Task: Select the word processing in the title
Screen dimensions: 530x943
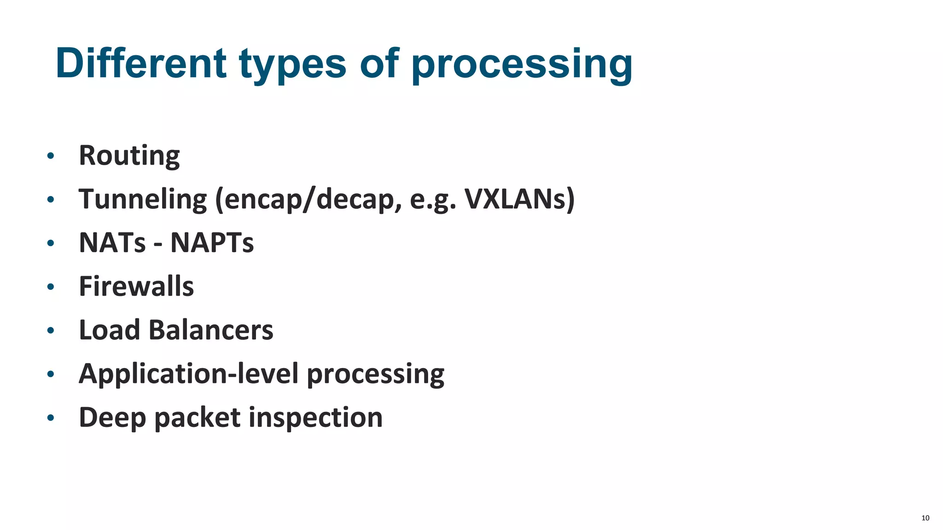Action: pos(522,64)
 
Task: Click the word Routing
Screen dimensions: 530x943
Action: pos(129,156)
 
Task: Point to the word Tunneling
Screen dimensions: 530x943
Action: pos(143,200)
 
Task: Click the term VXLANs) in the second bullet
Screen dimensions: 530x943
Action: pos(519,199)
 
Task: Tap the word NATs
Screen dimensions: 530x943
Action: pos(112,242)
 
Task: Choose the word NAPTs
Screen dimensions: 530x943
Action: pos(212,242)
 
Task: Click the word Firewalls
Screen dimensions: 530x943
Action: pos(136,286)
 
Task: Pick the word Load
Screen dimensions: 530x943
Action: pos(109,330)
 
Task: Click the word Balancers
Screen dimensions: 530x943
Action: pos(211,330)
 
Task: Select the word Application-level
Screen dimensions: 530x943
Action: pos(189,373)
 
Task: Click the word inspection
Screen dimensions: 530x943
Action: pos(315,417)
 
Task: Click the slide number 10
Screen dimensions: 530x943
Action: pos(925,518)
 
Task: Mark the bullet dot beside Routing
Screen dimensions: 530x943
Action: pos(51,156)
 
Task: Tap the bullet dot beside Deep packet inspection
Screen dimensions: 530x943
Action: pos(51,418)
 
